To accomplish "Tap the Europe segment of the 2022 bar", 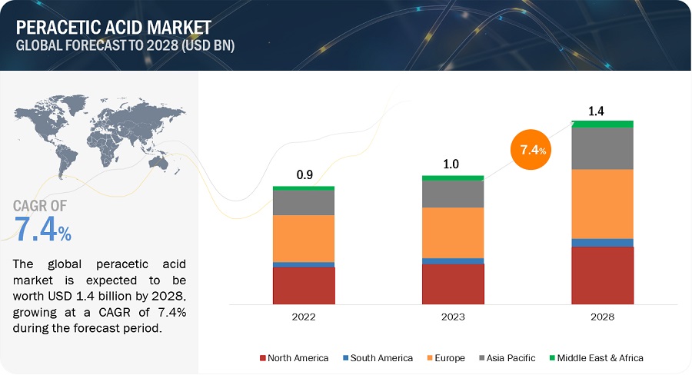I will pos(304,238).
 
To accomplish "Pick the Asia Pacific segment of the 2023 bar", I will pos(453,194).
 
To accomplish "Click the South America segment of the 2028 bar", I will pos(603,243).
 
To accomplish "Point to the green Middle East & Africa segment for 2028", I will pos(603,124).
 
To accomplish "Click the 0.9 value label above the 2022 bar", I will pos(304,175).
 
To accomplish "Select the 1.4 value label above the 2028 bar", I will pos(597,111).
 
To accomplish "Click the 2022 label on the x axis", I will pos(304,316).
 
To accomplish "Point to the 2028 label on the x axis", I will pos(603,316).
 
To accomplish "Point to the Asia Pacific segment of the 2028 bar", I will pos(603,148).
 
